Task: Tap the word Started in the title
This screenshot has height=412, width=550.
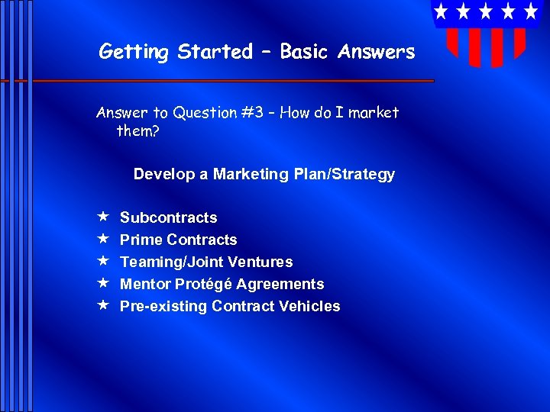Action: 215,52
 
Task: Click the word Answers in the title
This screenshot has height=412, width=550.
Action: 377,52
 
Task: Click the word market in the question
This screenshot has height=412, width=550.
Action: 374,113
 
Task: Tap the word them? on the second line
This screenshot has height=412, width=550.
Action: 137,130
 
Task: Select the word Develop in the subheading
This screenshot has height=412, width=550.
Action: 164,175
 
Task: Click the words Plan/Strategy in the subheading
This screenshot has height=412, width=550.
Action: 344,175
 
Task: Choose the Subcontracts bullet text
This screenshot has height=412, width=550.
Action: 168,218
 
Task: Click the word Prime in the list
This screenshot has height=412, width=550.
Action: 140,240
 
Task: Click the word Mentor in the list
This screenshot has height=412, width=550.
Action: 144,285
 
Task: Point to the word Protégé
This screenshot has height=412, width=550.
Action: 202,285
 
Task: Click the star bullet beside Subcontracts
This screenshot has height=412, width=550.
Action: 102,217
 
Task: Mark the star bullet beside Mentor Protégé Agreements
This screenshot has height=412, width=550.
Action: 102,284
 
